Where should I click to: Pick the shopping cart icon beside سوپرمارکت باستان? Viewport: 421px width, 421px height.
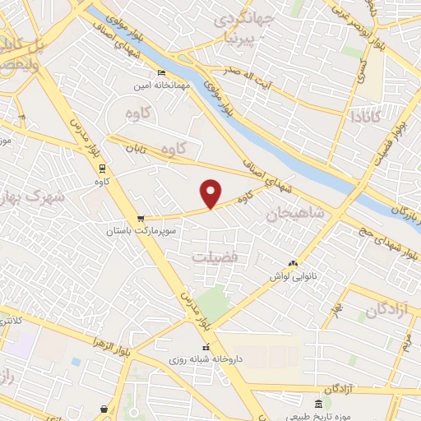pyautogui.click(x=141, y=219)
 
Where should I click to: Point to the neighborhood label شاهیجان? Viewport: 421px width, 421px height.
pyautogui.click(x=297, y=213)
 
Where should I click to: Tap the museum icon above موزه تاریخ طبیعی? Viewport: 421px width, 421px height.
pyautogui.click(x=329, y=401)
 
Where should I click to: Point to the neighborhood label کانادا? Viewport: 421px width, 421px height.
pyautogui.click(x=365, y=117)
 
